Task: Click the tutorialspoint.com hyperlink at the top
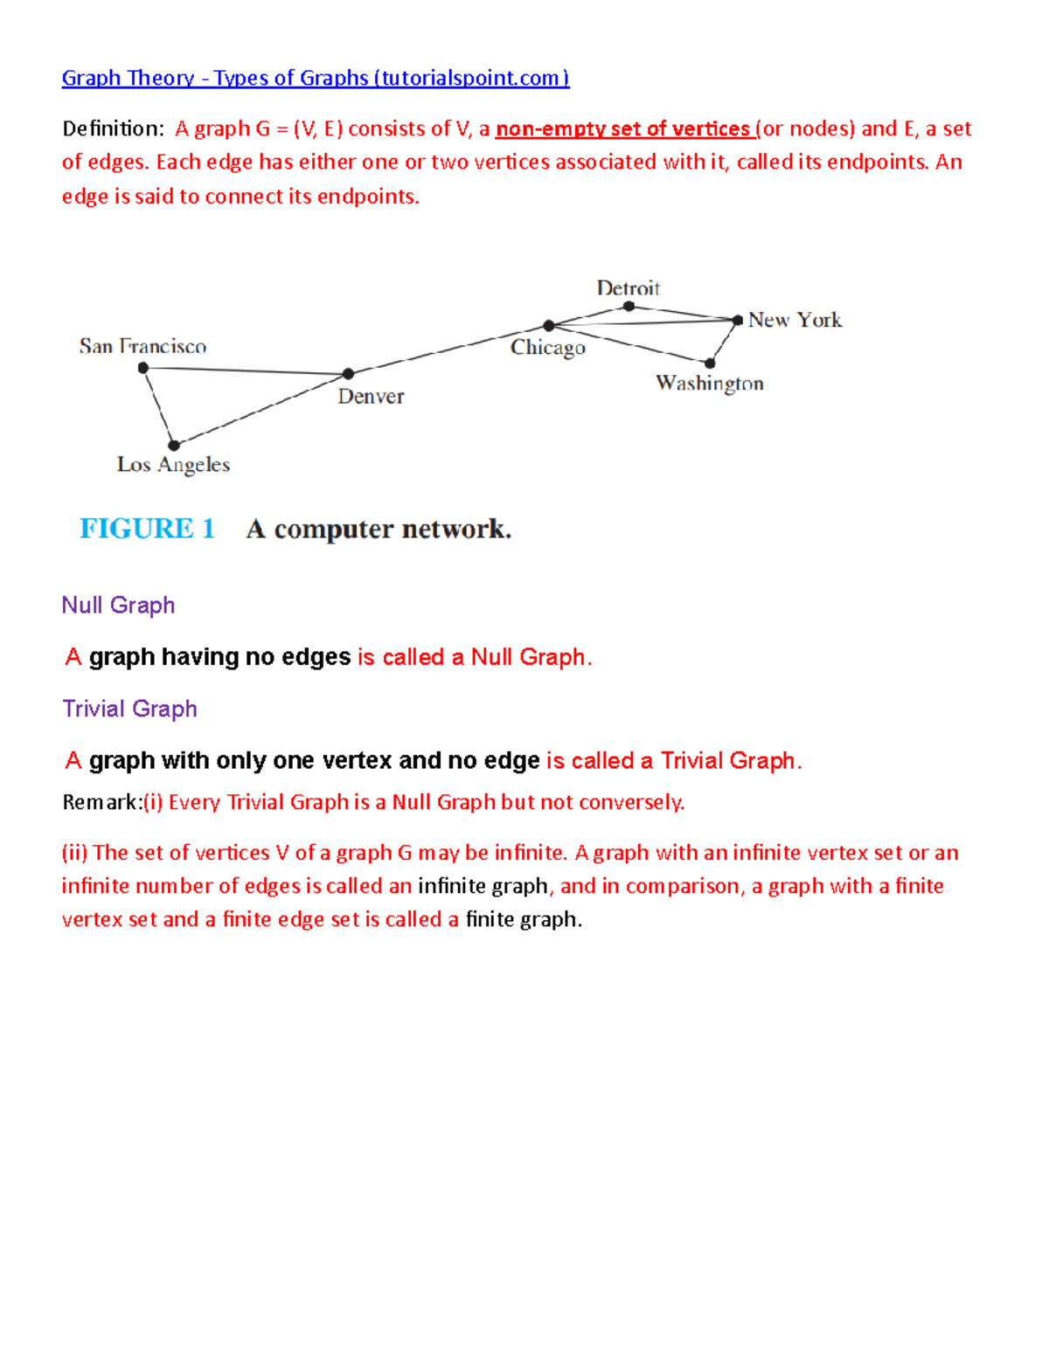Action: pyautogui.click(x=315, y=78)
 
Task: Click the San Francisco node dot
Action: pyautogui.click(x=143, y=368)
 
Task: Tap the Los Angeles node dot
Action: pyautogui.click(x=174, y=446)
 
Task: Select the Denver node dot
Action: pyautogui.click(x=348, y=374)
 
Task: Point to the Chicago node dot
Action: pyautogui.click(x=549, y=326)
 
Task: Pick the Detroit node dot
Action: pyautogui.click(x=629, y=306)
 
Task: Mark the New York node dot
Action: pyautogui.click(x=738, y=321)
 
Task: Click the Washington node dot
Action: pyautogui.click(x=710, y=363)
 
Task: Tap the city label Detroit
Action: pyautogui.click(x=628, y=288)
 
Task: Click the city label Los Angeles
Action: pyautogui.click(x=173, y=465)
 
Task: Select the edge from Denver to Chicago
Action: pyautogui.click(x=448, y=350)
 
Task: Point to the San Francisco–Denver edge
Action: pyautogui.click(x=246, y=371)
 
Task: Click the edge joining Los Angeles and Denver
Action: pyautogui.click(x=261, y=410)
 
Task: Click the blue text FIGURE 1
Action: pyautogui.click(x=147, y=529)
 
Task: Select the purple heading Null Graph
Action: pyautogui.click(x=118, y=606)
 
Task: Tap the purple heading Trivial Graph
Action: pyautogui.click(x=129, y=709)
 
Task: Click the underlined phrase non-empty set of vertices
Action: pyautogui.click(x=622, y=129)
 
